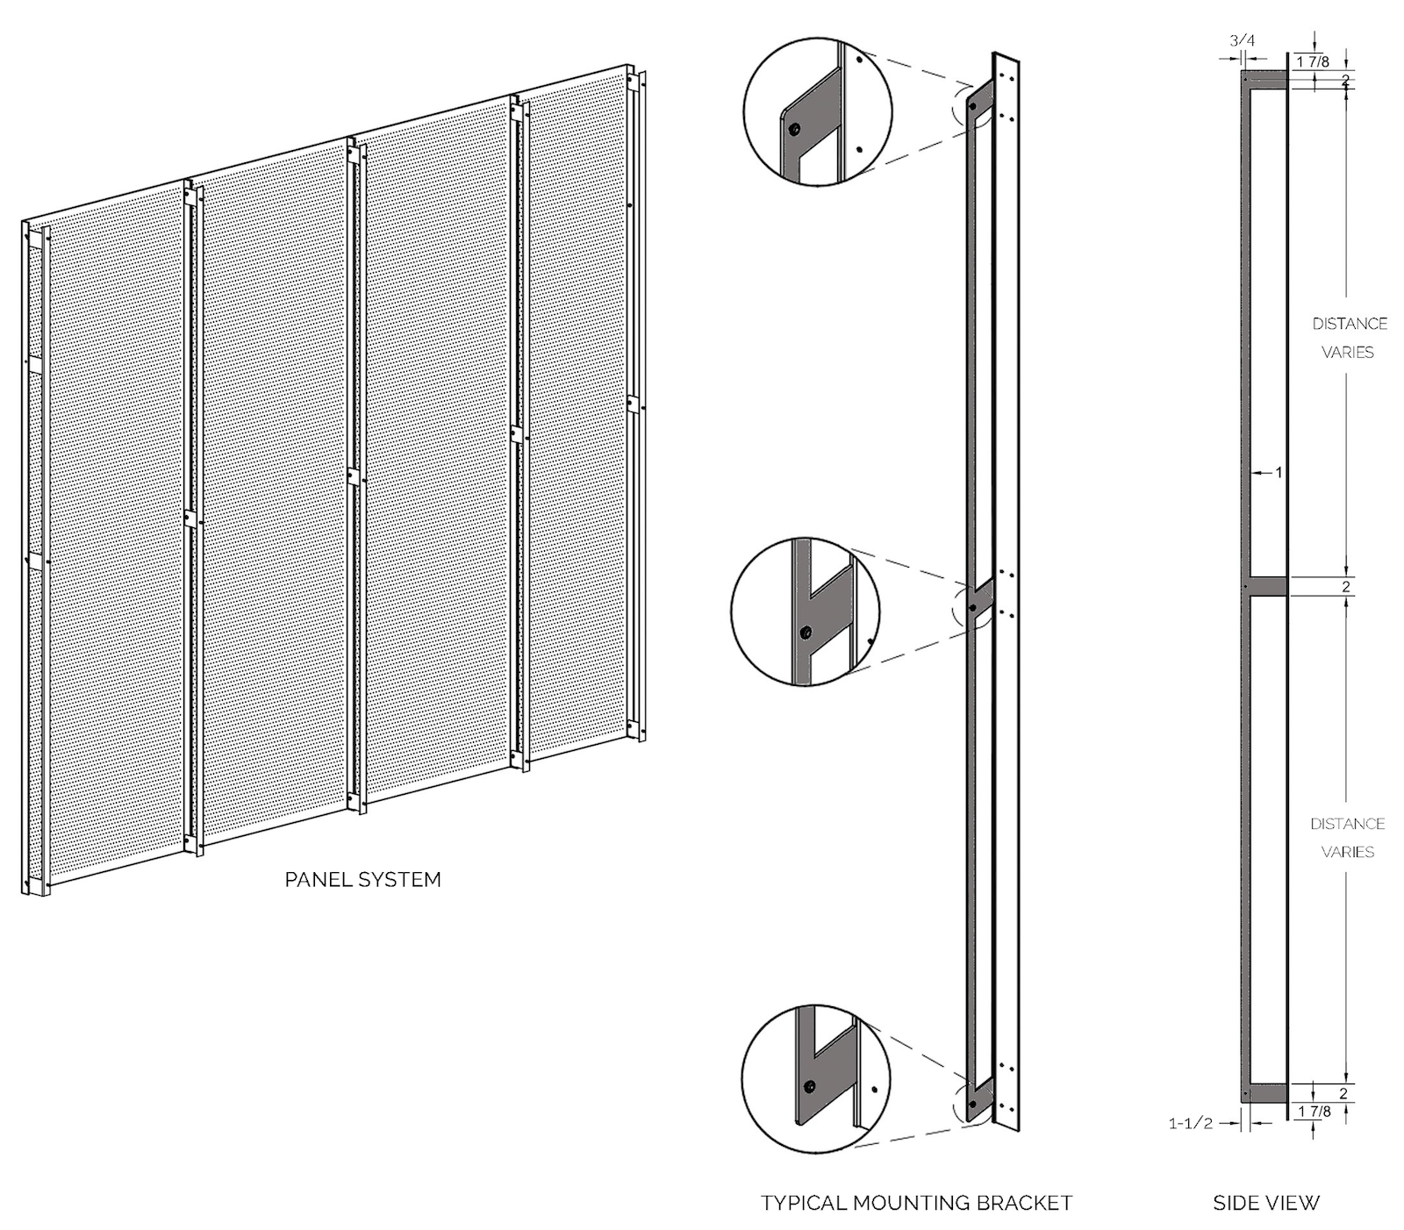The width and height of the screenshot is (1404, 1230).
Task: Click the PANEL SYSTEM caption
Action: [362, 879]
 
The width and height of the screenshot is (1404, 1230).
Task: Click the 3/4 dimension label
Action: [1243, 40]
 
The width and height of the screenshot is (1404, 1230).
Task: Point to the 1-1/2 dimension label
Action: [1190, 1123]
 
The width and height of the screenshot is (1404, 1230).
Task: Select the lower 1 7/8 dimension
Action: [1313, 1112]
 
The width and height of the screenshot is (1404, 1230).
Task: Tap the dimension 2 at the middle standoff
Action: [1345, 587]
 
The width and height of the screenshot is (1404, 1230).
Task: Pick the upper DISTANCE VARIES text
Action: [1349, 338]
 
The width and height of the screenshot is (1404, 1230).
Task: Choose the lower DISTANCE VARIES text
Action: [1347, 838]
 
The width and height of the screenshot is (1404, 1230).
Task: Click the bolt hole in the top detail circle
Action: [793, 130]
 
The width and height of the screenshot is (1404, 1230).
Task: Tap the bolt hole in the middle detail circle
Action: [806, 632]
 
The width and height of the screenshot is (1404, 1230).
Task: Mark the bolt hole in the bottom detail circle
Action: [810, 1087]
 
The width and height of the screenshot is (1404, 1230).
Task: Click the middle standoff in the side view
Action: [1266, 586]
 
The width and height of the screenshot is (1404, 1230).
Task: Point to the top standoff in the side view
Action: [1265, 81]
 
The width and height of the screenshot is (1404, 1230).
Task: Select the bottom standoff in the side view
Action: [1265, 1092]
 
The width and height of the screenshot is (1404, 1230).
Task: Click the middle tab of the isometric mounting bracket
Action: [981, 598]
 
